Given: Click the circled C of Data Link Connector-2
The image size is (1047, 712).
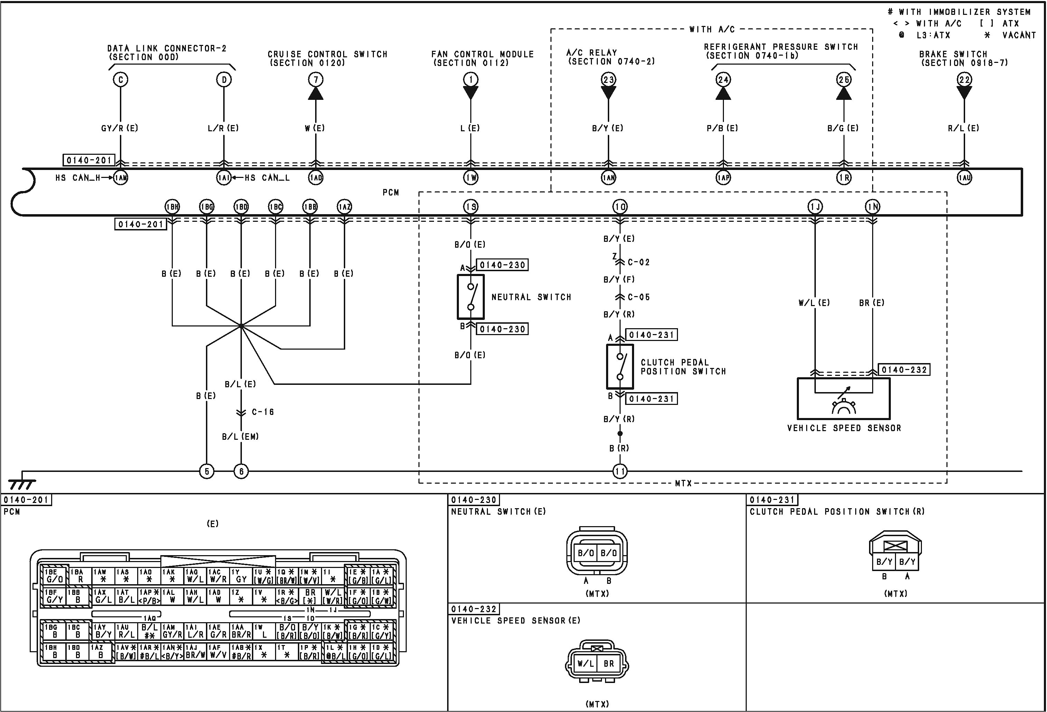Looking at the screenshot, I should (x=120, y=80).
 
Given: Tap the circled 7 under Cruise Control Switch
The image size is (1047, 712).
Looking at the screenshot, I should (x=316, y=80).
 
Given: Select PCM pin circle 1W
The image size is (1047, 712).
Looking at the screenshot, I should (x=471, y=178).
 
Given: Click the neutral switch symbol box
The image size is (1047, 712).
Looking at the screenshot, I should (x=471, y=297).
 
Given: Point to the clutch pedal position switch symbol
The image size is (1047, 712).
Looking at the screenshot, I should (x=620, y=367).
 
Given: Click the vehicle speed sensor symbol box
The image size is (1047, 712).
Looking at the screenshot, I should (x=843, y=399).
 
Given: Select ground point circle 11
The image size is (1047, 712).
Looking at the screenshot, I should (x=620, y=472).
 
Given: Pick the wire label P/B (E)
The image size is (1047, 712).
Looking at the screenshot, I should (x=723, y=129).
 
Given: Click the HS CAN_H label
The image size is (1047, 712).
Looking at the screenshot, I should (x=77, y=178).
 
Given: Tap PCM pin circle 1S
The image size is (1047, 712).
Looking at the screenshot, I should (x=471, y=207).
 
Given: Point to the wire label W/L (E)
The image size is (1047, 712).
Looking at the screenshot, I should (x=814, y=303).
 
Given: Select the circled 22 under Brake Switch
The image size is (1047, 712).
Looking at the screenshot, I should (x=964, y=80).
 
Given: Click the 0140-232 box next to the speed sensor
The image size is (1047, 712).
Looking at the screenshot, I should (x=904, y=370).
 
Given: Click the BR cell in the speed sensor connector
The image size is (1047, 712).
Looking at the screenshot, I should (x=609, y=663).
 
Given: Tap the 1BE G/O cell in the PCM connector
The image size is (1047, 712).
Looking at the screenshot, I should (x=55, y=576).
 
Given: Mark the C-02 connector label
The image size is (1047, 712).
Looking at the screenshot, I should (x=638, y=262).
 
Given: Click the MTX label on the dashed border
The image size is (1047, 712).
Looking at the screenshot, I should (x=683, y=483).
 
